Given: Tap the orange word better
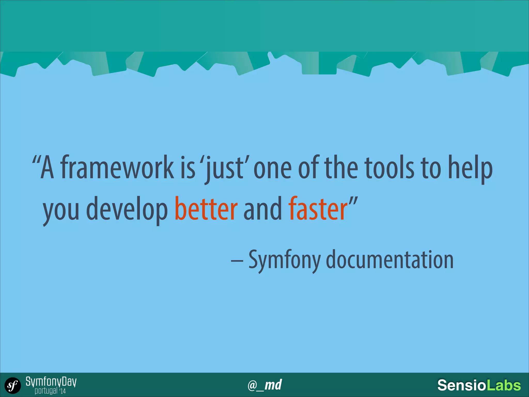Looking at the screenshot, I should (206, 209).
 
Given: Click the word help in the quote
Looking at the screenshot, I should (470, 168).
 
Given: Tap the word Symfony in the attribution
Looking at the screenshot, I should (284, 260).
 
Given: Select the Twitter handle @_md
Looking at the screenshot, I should (264, 385).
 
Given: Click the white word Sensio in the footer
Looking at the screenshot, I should (462, 385).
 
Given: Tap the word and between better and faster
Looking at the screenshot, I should (262, 209).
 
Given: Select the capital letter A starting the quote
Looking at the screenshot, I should (47, 168).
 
